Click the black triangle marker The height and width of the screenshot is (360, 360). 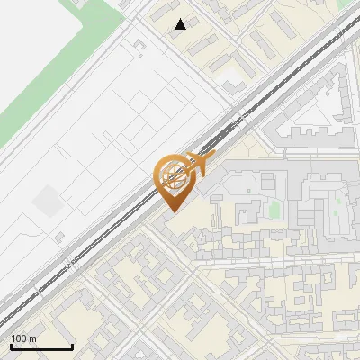pyautogui.click(x=181, y=24)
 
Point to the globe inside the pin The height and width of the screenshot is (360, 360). pyautogui.click(x=172, y=174)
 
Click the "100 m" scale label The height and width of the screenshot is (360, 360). pyautogui.click(x=23, y=338)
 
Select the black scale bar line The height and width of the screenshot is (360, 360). pyautogui.click(x=41, y=346)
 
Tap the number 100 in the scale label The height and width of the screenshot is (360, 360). pyautogui.click(x=19, y=338)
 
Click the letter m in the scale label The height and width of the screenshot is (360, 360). pyautogui.click(x=32, y=338)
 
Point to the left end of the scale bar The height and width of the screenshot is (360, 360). pyautogui.click(x=11, y=346)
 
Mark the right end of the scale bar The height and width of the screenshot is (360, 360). pyautogui.click(x=72, y=346)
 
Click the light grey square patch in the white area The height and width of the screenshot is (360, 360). pyautogui.click(x=47, y=202)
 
